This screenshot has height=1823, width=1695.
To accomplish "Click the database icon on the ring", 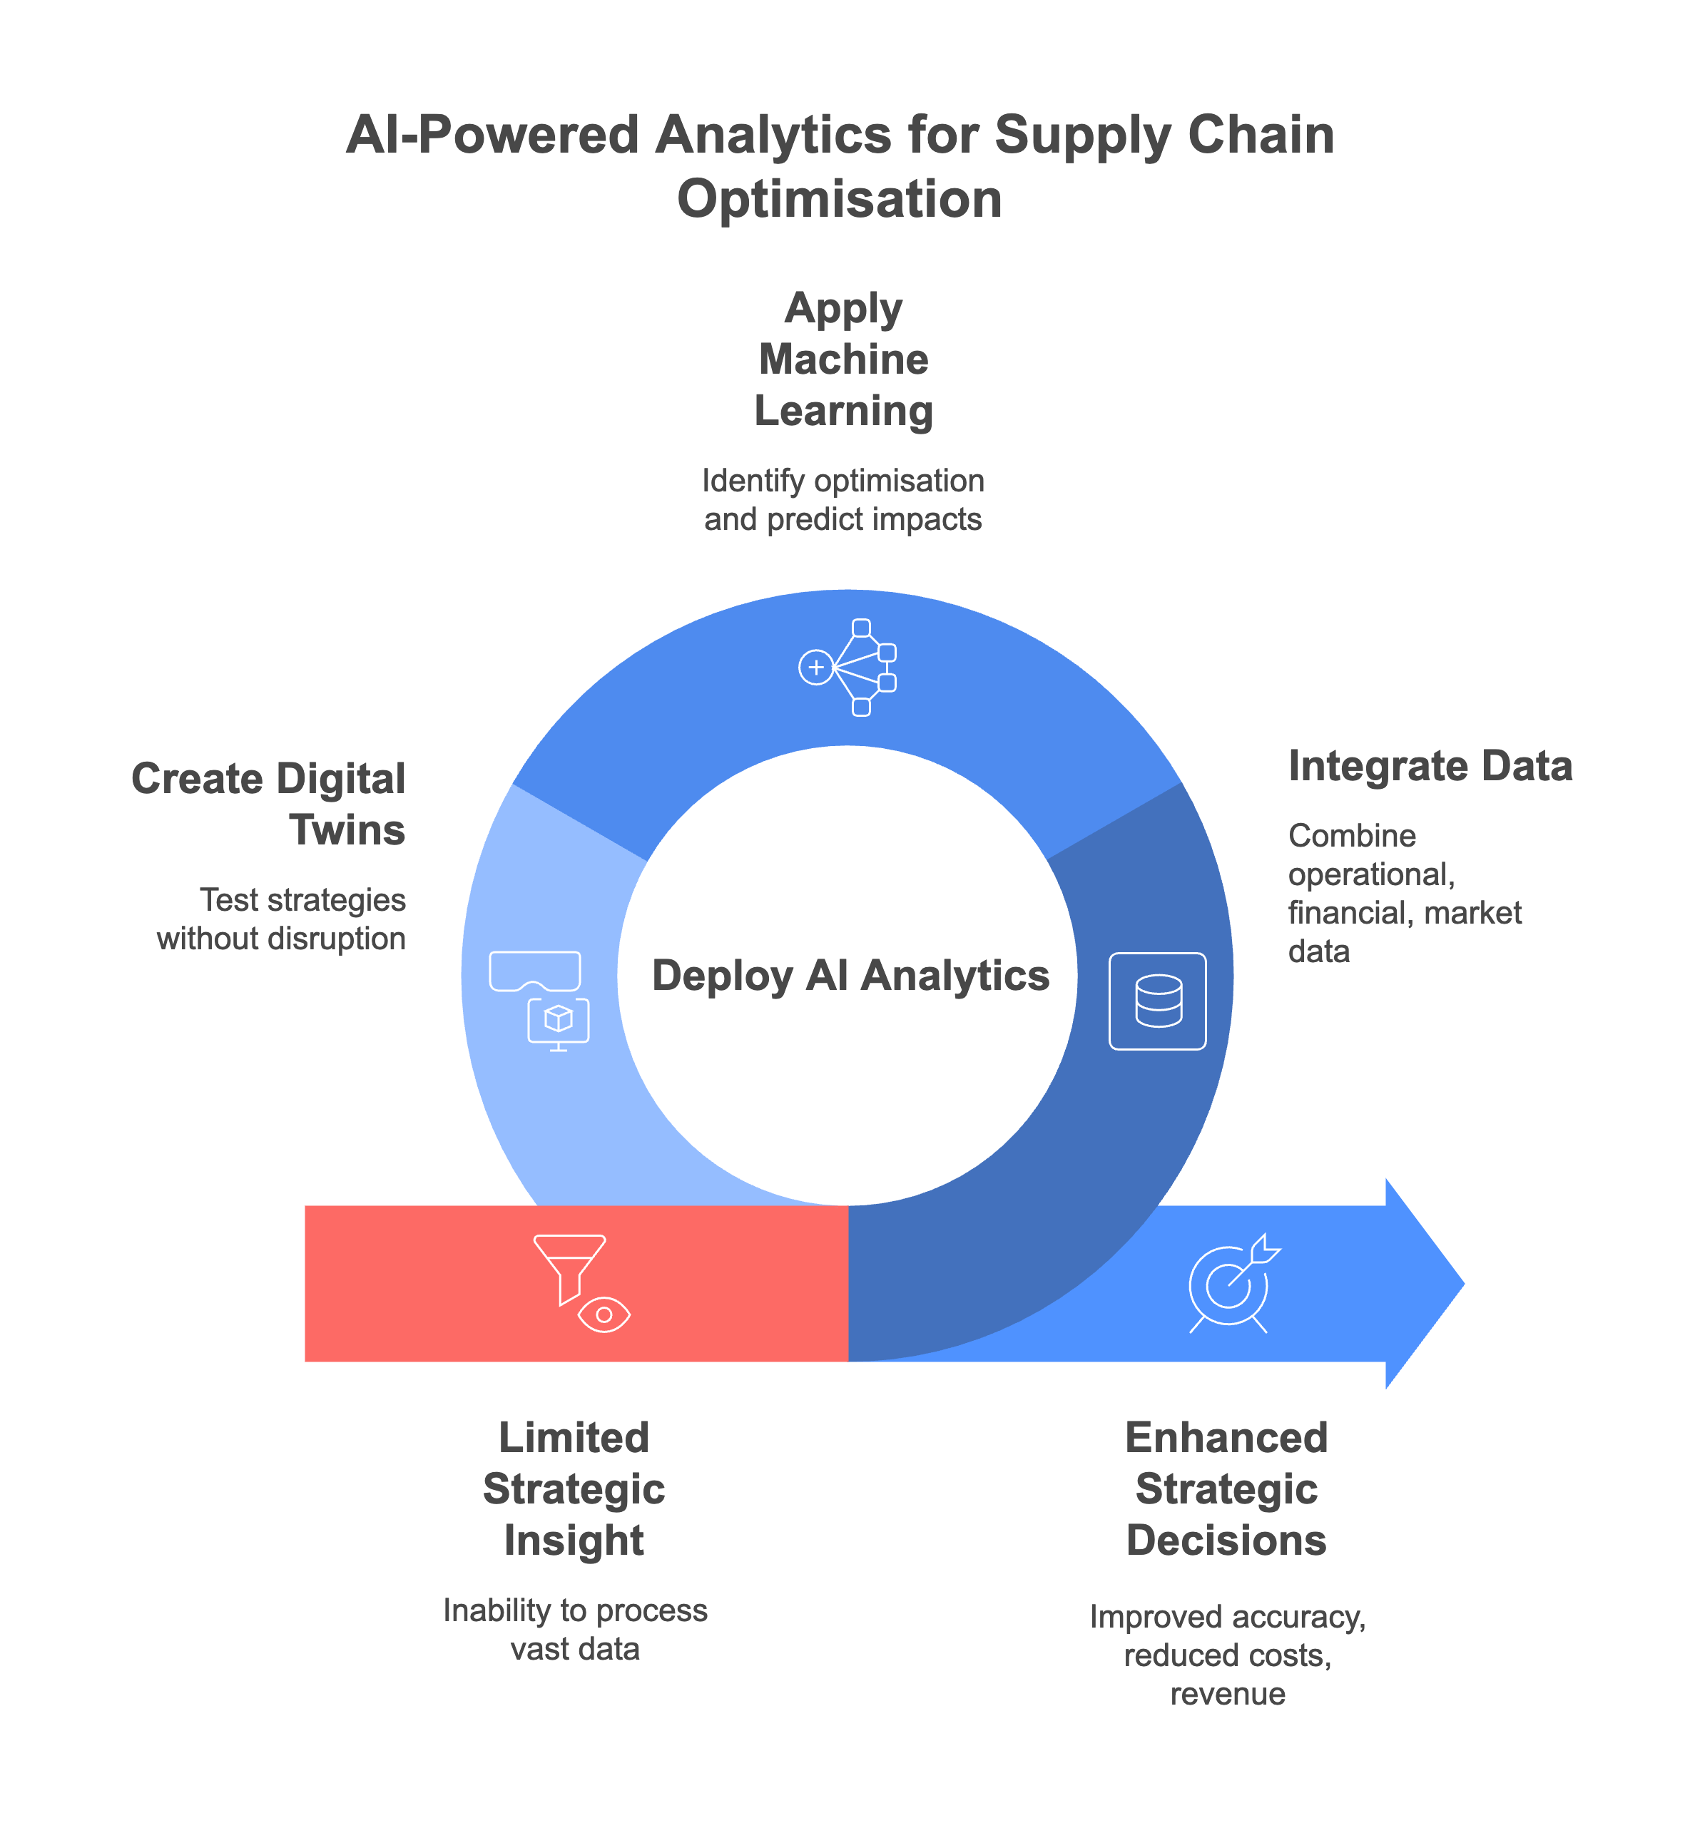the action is [1158, 1001].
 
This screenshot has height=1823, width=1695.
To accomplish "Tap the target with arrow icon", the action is [1232, 1283].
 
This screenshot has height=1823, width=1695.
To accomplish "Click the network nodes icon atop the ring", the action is [847, 667].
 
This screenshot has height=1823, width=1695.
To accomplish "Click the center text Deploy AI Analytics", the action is [850, 975].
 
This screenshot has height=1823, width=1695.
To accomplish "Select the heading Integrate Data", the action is [1430, 766].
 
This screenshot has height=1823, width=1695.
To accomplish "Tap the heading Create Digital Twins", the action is [269, 805].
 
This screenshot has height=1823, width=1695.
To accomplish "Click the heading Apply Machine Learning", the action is [843, 359].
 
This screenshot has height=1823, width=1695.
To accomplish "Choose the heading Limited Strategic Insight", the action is [574, 1488].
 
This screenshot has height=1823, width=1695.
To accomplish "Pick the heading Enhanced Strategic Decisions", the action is [1226, 1488].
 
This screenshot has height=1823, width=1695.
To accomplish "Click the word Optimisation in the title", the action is [839, 199].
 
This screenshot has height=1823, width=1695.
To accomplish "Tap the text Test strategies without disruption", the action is [282, 919].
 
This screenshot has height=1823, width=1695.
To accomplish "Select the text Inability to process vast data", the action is [575, 1630].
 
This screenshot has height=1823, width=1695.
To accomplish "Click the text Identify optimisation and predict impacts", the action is [843, 500].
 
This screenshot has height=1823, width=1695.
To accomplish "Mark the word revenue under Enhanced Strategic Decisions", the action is [1227, 1694].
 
